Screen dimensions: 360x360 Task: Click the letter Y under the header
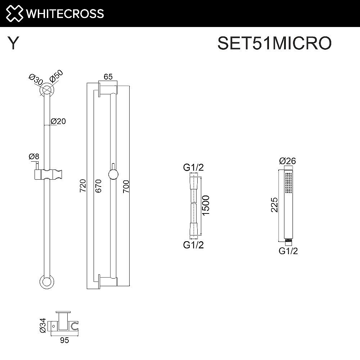click(x=13, y=44)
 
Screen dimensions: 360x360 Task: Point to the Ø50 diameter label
click(x=57, y=77)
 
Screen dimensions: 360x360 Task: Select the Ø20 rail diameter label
click(x=58, y=121)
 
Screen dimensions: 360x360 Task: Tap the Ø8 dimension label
click(x=34, y=157)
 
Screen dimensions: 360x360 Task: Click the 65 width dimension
click(x=108, y=76)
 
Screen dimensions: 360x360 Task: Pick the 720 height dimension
click(x=83, y=186)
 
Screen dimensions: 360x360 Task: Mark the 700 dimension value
click(x=126, y=186)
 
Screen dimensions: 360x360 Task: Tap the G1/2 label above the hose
click(x=193, y=168)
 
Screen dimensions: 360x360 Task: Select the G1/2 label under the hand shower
click(x=288, y=251)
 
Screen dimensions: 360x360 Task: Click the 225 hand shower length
click(x=274, y=205)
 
